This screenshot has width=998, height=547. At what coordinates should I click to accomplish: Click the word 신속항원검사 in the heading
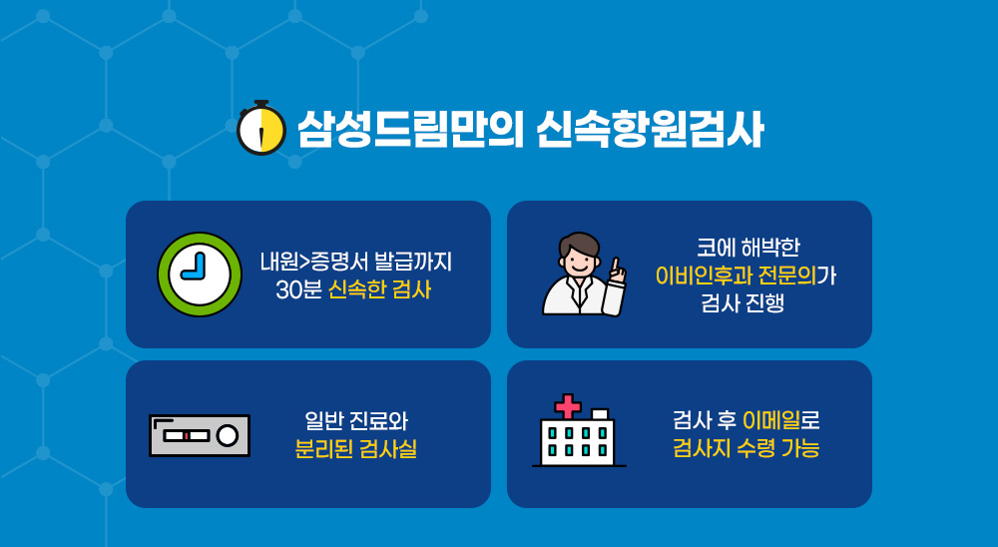click(x=650, y=130)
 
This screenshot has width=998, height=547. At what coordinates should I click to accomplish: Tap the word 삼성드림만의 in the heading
click(x=410, y=130)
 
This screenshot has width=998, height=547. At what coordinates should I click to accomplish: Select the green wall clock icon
click(x=200, y=274)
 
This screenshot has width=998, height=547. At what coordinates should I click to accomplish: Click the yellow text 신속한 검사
click(x=379, y=289)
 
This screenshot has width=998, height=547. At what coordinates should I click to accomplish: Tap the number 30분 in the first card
click(x=298, y=289)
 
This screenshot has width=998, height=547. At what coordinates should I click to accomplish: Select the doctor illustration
click(x=584, y=274)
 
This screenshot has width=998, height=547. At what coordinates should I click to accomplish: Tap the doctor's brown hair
click(x=579, y=244)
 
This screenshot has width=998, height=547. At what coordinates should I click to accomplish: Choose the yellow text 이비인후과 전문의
click(x=736, y=275)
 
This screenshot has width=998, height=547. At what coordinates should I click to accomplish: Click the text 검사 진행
click(x=743, y=303)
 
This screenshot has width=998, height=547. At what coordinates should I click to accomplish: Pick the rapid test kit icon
click(x=200, y=435)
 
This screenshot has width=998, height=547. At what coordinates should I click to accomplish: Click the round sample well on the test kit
click(x=228, y=435)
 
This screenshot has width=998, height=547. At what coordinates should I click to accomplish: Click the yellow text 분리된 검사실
click(x=356, y=449)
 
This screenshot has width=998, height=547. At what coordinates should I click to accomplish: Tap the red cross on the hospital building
click(x=568, y=405)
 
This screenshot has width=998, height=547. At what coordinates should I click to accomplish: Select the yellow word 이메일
click(x=771, y=421)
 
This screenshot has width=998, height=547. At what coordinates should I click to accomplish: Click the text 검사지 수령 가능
click(x=746, y=449)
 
